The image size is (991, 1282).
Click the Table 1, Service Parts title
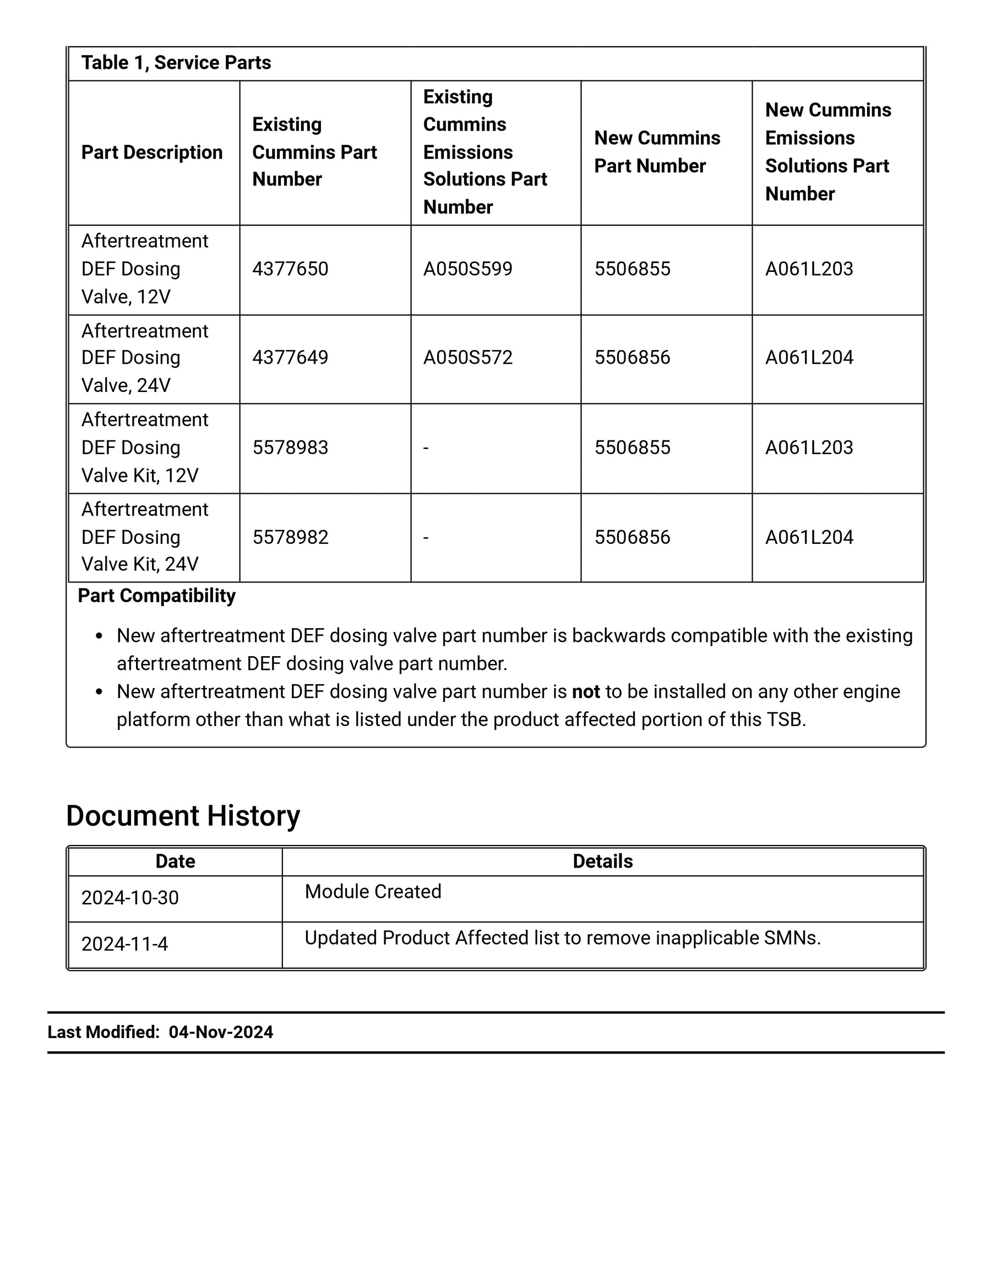176,63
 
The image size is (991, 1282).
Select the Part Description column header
151,152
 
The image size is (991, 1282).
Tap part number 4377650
290,269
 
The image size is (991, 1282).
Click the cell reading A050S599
467,269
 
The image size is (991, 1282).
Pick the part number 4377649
290,357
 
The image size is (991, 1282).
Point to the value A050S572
467,357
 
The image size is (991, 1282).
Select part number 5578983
290,448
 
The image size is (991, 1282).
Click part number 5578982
290,537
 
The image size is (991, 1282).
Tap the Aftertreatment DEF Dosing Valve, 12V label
144,269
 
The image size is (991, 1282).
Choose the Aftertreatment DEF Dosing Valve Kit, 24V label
144,537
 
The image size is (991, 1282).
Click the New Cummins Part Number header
656,152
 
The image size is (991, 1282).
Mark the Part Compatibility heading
157,596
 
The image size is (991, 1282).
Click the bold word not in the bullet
585,692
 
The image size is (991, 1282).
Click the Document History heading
183,816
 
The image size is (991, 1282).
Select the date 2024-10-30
130,898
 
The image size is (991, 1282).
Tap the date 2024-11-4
124,944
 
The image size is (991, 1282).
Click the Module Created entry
373,892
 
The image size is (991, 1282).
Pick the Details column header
602,861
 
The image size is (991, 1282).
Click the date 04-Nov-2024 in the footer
221,1033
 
